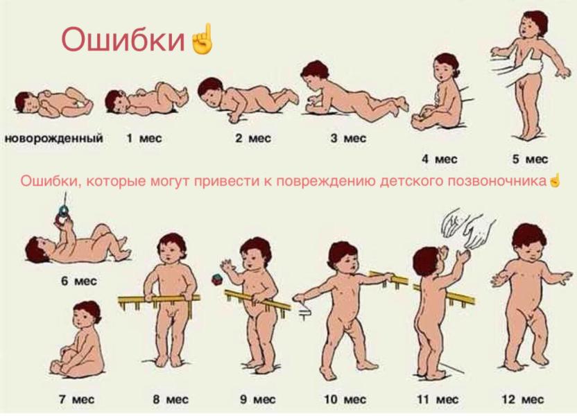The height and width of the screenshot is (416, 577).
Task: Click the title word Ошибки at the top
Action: [x=125, y=40]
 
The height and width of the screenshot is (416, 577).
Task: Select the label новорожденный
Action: [x=53, y=139]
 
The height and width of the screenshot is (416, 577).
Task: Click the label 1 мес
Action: [x=144, y=139]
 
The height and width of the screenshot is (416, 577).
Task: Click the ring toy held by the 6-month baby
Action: [x=64, y=208]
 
